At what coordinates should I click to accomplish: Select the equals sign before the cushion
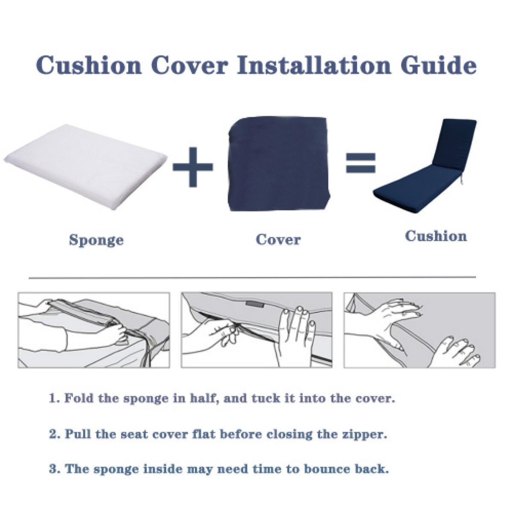pyautogui.click(x=360, y=162)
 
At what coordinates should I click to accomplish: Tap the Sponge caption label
pyautogui.click(x=96, y=240)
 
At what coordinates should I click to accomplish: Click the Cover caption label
pyautogui.click(x=278, y=239)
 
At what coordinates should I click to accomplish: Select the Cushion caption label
pyautogui.click(x=436, y=236)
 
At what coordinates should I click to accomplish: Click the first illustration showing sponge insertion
pyautogui.click(x=94, y=330)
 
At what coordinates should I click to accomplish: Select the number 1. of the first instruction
pyautogui.click(x=54, y=398)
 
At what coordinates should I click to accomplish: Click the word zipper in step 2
pyautogui.click(x=366, y=434)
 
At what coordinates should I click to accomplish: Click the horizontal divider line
pyautogui.click(x=252, y=277)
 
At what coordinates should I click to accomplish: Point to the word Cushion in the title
pyautogui.click(x=89, y=65)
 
